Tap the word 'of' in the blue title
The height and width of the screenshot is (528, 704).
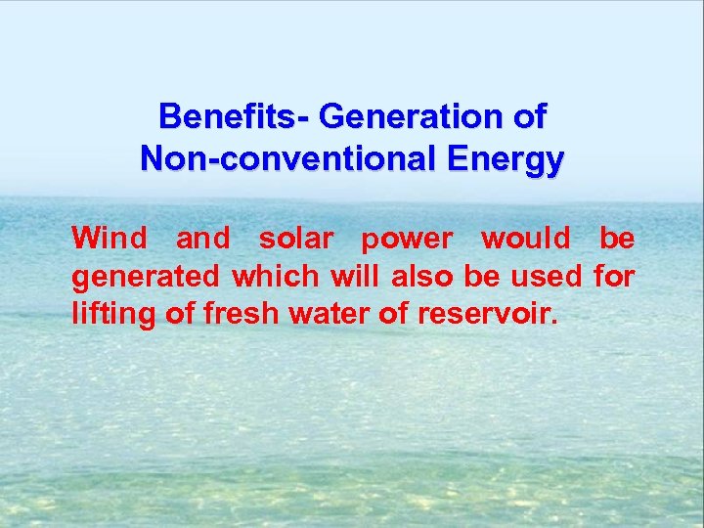[x=529, y=117]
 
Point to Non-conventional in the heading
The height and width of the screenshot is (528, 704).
[x=264, y=158]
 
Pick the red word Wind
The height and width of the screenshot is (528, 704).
[x=110, y=238]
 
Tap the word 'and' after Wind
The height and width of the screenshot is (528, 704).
[x=202, y=238]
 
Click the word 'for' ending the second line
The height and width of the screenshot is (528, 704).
[x=615, y=277]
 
